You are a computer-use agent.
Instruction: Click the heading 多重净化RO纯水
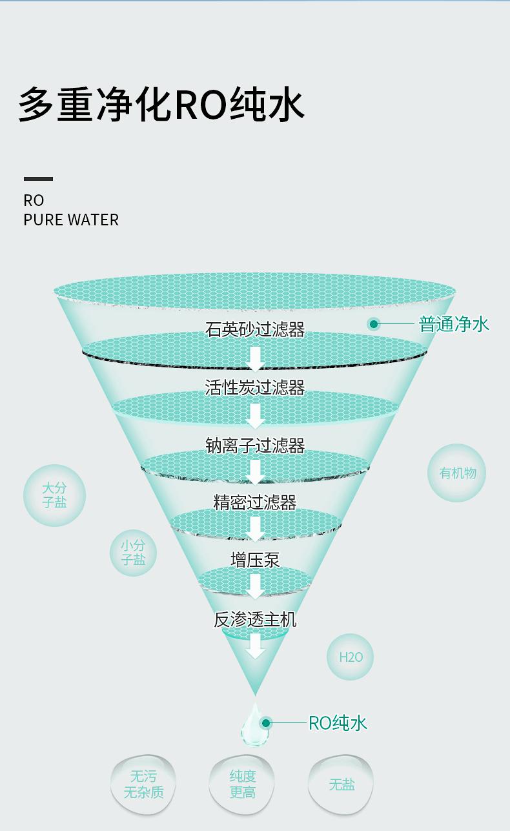[x=161, y=104]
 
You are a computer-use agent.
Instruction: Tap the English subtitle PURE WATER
[x=71, y=220]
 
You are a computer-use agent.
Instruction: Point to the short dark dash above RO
[x=38, y=179]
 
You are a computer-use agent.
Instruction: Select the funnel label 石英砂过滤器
[x=255, y=330]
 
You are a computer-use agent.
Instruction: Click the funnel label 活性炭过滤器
[x=255, y=387]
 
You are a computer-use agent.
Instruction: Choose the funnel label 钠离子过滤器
[x=255, y=446]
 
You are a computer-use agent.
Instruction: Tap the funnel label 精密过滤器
[x=255, y=502]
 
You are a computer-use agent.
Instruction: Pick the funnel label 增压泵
[x=255, y=560]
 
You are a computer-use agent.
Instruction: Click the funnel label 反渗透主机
[x=255, y=620]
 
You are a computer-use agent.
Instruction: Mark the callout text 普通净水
[x=454, y=324]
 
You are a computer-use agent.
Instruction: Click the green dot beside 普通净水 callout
[x=374, y=324]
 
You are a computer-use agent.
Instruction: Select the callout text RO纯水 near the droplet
[x=338, y=723]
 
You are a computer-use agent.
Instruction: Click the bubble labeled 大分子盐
[x=54, y=495]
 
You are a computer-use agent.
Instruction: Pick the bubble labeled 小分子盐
[x=133, y=553]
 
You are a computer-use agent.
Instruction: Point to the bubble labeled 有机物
[x=457, y=473]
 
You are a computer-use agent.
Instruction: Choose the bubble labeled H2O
[x=351, y=657]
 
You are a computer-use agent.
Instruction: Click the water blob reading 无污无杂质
[x=143, y=784]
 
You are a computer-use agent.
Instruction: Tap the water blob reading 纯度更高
[x=243, y=784]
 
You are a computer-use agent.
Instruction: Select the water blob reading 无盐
[x=342, y=785]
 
